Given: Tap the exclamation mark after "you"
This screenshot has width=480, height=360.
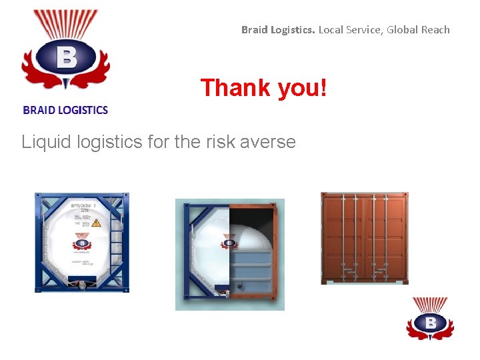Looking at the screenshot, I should coord(324,88).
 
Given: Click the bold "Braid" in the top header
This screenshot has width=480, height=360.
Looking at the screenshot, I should coord(255,29).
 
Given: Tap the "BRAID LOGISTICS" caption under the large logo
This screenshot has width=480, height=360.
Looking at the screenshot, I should coord(65,110).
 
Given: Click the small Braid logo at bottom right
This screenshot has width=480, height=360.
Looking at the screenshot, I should coord(430,319).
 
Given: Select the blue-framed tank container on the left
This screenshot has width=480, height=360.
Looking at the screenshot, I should coord(82,243).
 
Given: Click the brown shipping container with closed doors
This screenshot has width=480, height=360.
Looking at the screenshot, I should coord(365,238).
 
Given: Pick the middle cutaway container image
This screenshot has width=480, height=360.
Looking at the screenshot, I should coord(230,254).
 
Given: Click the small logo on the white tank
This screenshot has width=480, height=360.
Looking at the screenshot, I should coord(82,242).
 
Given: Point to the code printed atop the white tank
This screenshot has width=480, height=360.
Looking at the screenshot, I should coord(84,208).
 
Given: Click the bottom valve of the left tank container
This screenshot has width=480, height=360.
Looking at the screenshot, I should coord(82,285).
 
